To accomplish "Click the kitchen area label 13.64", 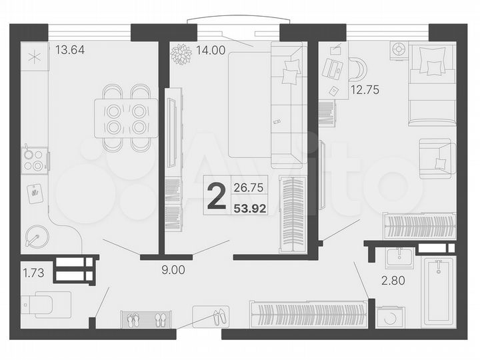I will tap(70, 49).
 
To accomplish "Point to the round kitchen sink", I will tap(35, 237).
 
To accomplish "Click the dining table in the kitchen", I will tap(126, 118).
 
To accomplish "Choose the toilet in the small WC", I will tap(45, 303).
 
